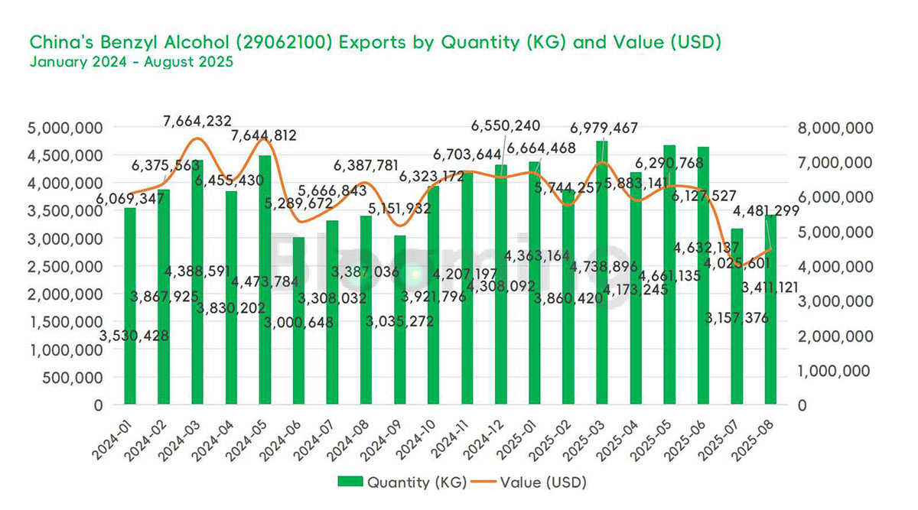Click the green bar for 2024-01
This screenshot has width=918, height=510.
(x=129, y=306)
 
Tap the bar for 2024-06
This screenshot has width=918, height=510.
(x=298, y=321)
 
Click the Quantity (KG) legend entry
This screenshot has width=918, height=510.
(x=402, y=482)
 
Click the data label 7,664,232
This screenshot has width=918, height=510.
(x=197, y=121)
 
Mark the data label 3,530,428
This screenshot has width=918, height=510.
(x=135, y=335)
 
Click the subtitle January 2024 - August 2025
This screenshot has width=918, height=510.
(x=131, y=63)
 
